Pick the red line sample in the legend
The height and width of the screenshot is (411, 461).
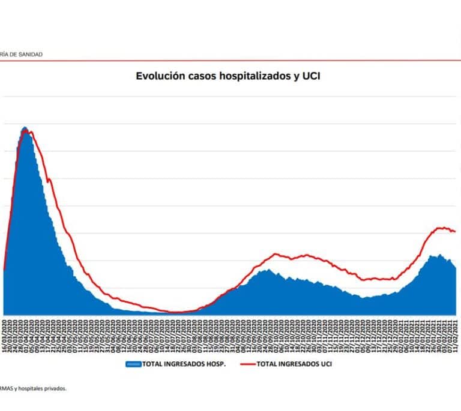[x=244, y=364]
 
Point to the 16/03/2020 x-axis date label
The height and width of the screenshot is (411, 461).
[x=5, y=336]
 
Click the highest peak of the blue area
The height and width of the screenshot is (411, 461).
[x=25, y=128]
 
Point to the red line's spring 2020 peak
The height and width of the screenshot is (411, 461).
[x=29, y=131]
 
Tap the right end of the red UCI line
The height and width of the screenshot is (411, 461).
[x=456, y=231]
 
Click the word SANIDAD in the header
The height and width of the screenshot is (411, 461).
[x=29, y=55]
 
